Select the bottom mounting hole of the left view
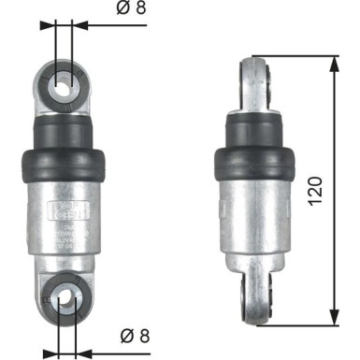[65, 299]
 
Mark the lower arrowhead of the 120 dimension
[334, 314]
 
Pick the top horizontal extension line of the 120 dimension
[299, 56]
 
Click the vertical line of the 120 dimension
[334, 140]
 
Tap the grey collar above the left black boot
[65, 126]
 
